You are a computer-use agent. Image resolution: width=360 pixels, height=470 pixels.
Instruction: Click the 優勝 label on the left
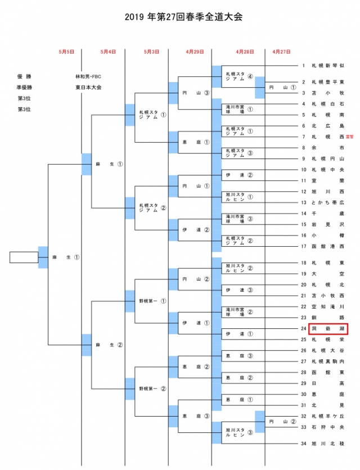(x=23, y=76)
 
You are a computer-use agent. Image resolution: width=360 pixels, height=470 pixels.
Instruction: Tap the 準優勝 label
(x=23, y=88)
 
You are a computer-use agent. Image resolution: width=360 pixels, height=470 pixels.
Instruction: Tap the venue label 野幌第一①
(x=152, y=301)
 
